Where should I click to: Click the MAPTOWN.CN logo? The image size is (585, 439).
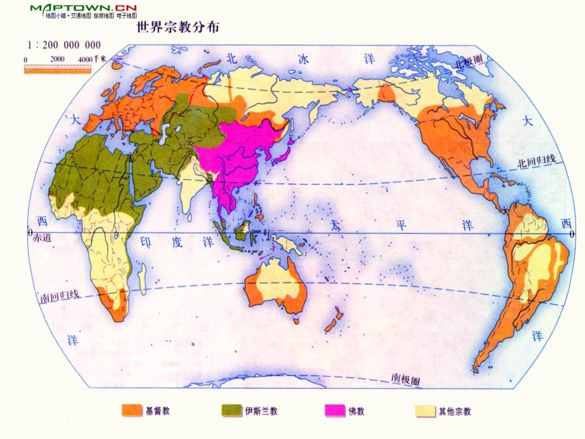tap(83, 8)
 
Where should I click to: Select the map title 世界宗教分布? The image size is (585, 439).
tap(179, 28)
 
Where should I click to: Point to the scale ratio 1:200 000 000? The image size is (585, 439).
tap(64, 45)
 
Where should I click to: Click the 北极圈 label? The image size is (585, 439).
tap(469, 62)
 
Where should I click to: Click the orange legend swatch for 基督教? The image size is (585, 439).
tap(132, 411)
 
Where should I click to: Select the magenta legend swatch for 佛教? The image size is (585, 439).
tap(334, 411)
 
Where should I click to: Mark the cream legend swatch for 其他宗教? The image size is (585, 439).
tap(425, 411)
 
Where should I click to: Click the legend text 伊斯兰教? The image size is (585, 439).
tap(261, 411)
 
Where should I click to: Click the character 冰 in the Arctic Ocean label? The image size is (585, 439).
tap(304, 59)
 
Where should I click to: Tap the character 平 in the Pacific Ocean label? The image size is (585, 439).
tap(400, 226)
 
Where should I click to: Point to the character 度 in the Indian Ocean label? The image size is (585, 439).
tap(176, 242)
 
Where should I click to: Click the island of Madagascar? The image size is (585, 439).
tap(142, 274)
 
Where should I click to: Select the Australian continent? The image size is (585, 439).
tap(277, 287)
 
